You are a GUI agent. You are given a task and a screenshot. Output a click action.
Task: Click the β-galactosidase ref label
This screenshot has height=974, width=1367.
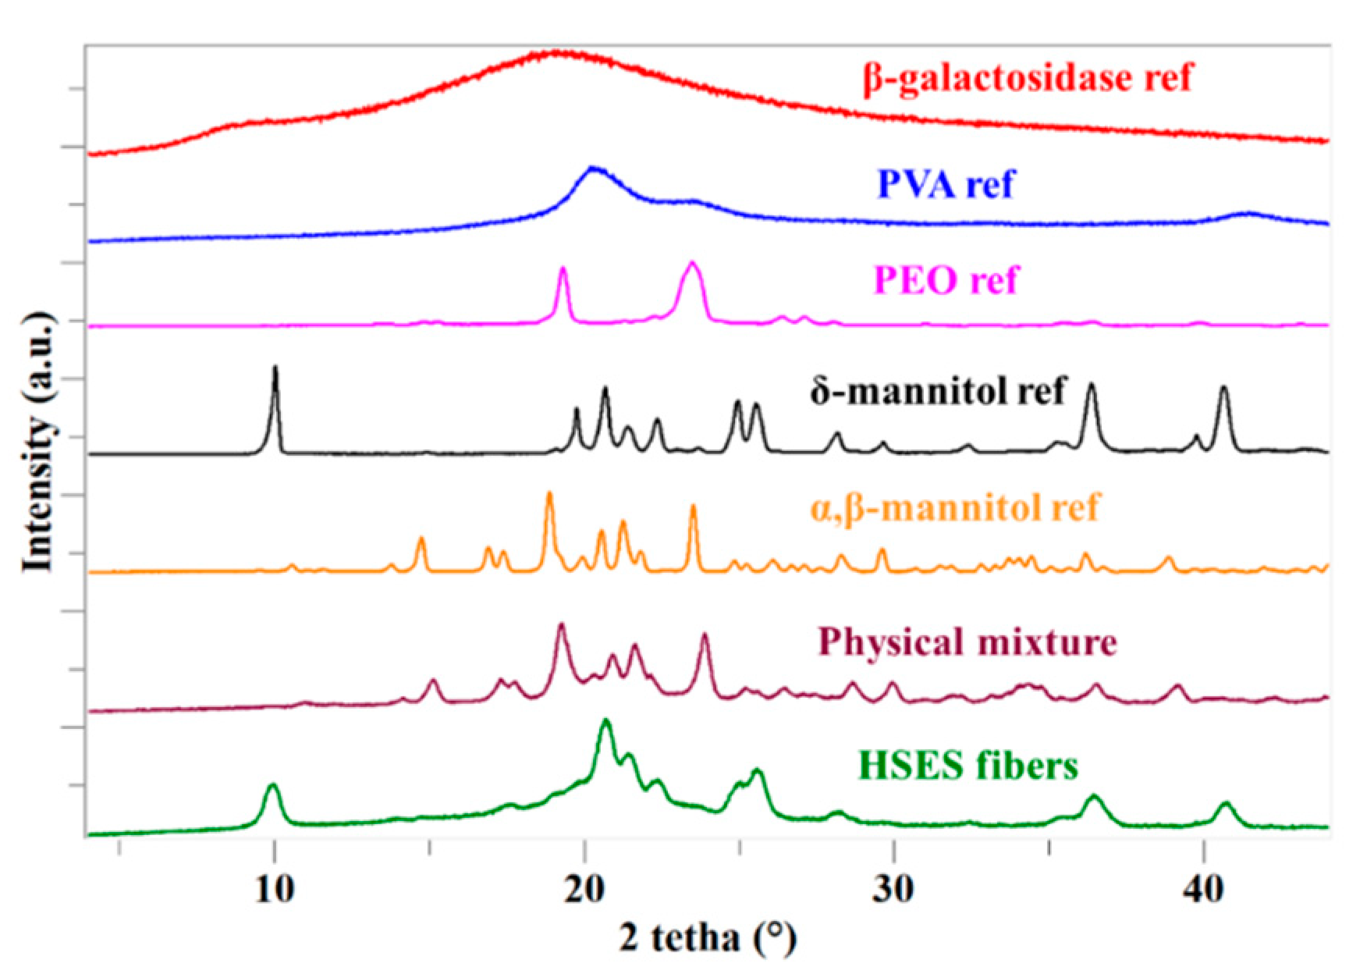(x=1028, y=79)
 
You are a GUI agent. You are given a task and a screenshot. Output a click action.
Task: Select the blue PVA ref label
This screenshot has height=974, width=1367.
(x=946, y=185)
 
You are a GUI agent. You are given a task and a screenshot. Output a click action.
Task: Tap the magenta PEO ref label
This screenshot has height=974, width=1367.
(x=946, y=280)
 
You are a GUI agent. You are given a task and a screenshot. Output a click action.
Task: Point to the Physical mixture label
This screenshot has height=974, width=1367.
(x=968, y=642)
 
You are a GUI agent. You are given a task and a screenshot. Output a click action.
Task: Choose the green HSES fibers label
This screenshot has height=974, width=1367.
(x=968, y=766)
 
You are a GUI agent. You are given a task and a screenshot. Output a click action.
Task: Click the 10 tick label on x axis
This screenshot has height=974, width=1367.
(x=274, y=890)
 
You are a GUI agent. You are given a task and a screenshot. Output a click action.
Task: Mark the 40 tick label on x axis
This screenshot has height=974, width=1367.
(x=1203, y=890)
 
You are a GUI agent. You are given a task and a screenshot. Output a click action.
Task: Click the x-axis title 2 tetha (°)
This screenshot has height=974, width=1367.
(x=708, y=937)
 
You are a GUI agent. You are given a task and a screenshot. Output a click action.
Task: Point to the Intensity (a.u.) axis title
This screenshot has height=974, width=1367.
(x=37, y=442)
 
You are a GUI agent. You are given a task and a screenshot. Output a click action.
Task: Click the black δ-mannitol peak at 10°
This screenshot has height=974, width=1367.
(x=275, y=368)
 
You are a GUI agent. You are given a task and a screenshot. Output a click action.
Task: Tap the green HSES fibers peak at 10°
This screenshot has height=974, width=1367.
(x=272, y=786)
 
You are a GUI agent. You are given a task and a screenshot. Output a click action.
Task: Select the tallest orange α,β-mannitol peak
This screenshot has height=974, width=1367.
(x=549, y=494)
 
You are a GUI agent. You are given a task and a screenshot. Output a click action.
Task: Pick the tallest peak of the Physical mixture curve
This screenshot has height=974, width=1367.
(x=561, y=626)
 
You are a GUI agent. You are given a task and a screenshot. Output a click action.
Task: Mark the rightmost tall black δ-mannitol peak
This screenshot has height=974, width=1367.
(x=1223, y=388)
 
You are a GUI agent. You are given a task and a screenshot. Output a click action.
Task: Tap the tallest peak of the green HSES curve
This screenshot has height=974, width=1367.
(x=605, y=722)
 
